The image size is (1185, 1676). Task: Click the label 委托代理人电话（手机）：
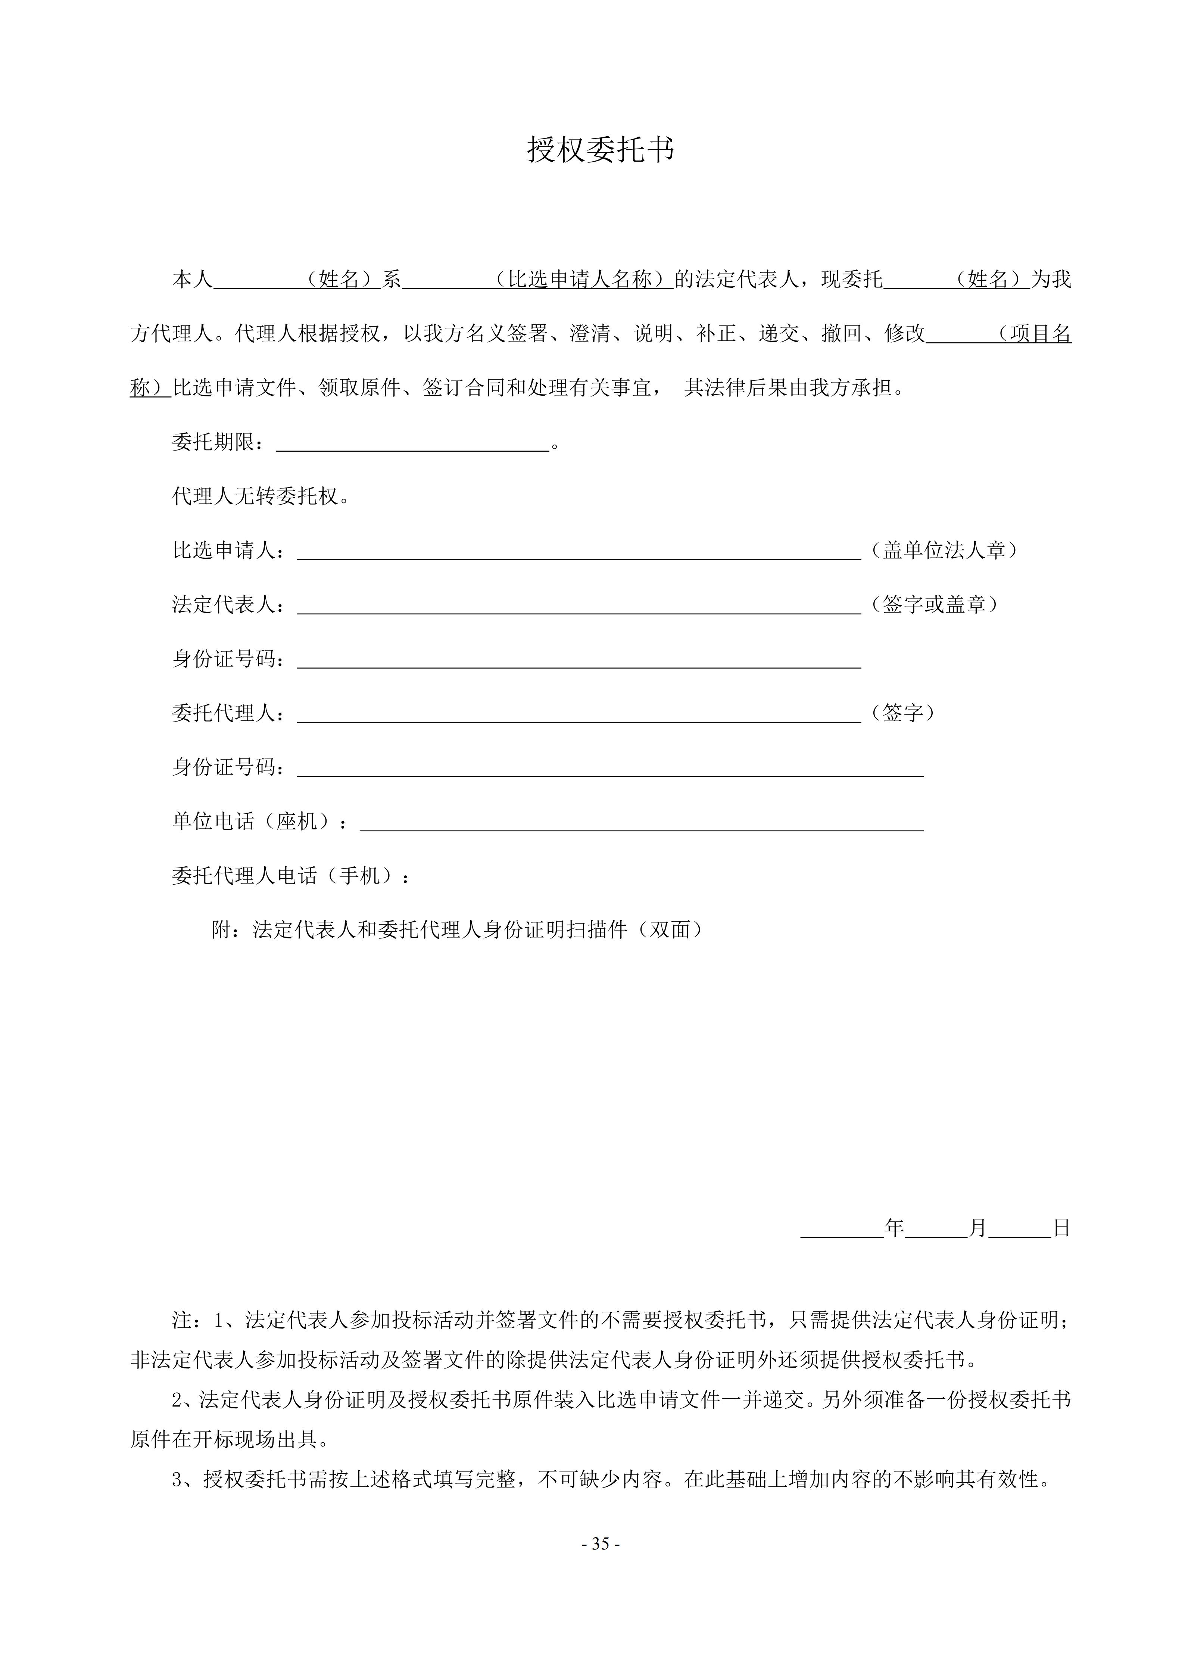(x=292, y=876)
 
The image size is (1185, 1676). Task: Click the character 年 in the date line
(x=895, y=1228)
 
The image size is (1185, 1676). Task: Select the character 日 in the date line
(x=1062, y=1228)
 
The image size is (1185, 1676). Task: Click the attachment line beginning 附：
(x=458, y=930)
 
